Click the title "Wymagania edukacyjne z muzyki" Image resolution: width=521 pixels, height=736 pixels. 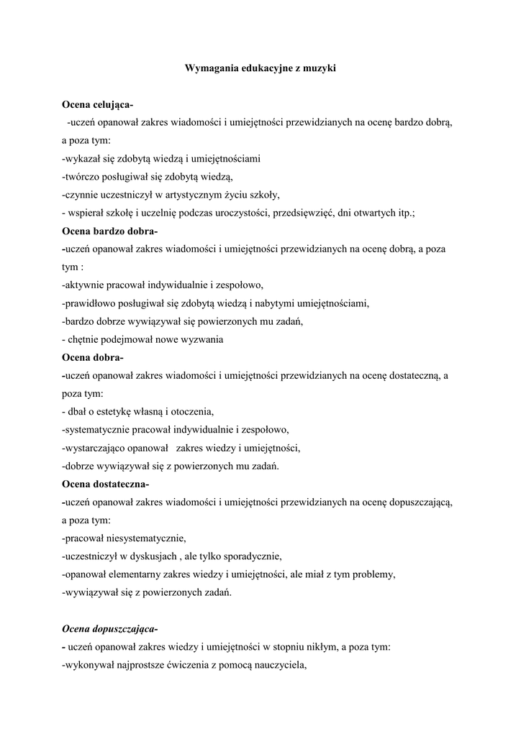[260, 69]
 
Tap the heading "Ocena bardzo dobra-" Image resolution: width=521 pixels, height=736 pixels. [110, 231]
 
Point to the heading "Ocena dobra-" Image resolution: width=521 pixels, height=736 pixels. [93, 357]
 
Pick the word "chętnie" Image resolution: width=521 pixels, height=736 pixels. [84, 339]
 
